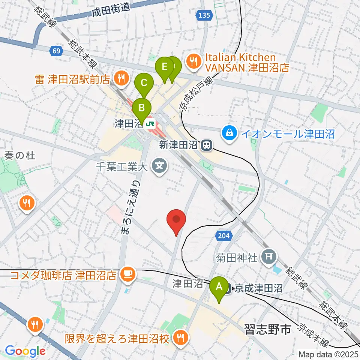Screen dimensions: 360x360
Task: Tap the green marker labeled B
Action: tap(142, 108)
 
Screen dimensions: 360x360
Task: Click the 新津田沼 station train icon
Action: tap(206, 145)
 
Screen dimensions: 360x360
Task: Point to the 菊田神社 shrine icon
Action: tap(270, 257)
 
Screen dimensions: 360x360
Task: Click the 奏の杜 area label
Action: tap(20, 155)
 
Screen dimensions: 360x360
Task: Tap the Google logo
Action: tap(25, 351)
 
